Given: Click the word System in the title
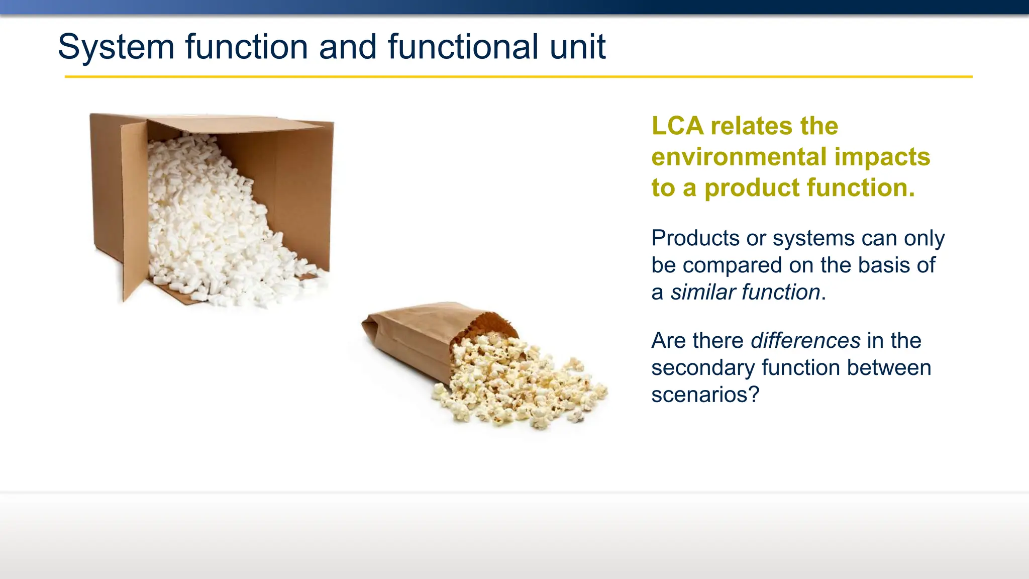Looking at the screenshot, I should click(116, 47).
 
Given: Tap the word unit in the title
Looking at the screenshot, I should click(577, 47).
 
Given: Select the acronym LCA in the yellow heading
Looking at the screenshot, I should click(677, 126).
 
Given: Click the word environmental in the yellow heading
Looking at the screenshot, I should click(739, 157).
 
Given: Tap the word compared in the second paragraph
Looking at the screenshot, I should click(732, 265).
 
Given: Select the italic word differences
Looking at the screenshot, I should click(805, 341).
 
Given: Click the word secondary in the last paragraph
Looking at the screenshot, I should click(703, 368).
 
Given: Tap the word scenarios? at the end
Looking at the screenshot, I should click(705, 395).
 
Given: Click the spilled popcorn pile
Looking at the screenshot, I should click(518, 382).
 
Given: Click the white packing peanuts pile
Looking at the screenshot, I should click(211, 221).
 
